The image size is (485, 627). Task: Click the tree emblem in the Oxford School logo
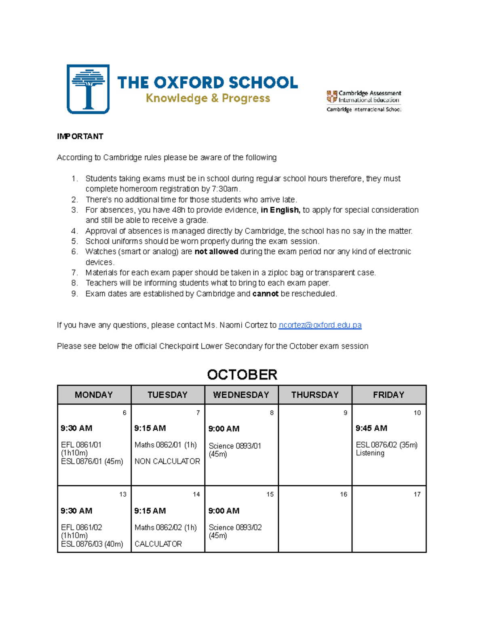tap(88, 89)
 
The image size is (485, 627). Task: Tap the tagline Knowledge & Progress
tap(208, 98)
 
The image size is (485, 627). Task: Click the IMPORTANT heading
tap(80, 136)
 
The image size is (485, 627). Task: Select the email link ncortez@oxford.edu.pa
tap(320, 325)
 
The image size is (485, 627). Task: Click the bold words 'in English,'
tap(280, 210)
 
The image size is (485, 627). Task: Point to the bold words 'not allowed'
tap(216, 252)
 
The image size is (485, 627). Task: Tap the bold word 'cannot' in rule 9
tap(265, 294)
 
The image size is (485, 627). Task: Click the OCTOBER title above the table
tap(242, 374)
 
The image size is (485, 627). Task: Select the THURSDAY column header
tap(315, 395)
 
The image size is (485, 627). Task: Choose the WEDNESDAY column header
tap(241, 395)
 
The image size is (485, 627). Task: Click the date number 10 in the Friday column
tap(417, 413)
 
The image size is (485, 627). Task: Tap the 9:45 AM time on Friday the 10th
tap(371, 428)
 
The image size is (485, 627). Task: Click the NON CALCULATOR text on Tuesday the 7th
tap(167, 461)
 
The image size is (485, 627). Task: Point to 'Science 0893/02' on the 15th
tap(235, 527)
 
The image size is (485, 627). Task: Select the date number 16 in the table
tap(344, 494)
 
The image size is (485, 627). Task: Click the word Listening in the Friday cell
tap(370, 453)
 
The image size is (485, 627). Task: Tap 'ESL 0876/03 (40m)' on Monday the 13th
tap(92, 544)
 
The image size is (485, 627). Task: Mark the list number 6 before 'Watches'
tap(74, 252)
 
